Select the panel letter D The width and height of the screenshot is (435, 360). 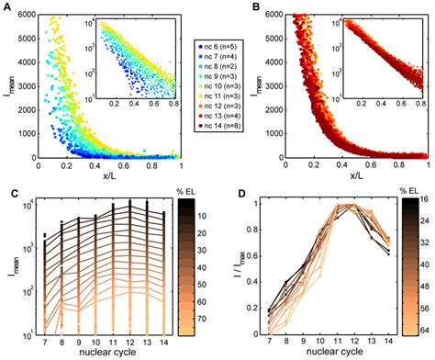pyautogui.click(x=228, y=190)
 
